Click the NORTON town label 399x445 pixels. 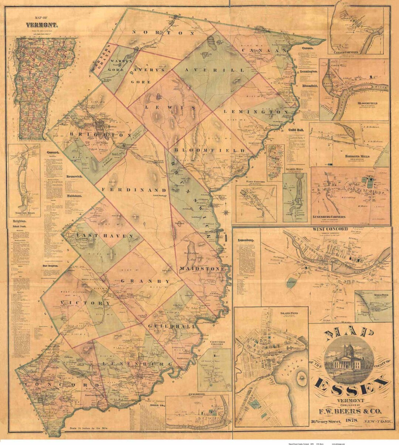coord(163,33)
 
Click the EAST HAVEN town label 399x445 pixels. coord(105,236)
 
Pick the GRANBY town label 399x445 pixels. coord(145,281)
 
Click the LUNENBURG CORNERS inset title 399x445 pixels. coord(329,217)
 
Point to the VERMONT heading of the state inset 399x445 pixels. coord(41,25)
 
